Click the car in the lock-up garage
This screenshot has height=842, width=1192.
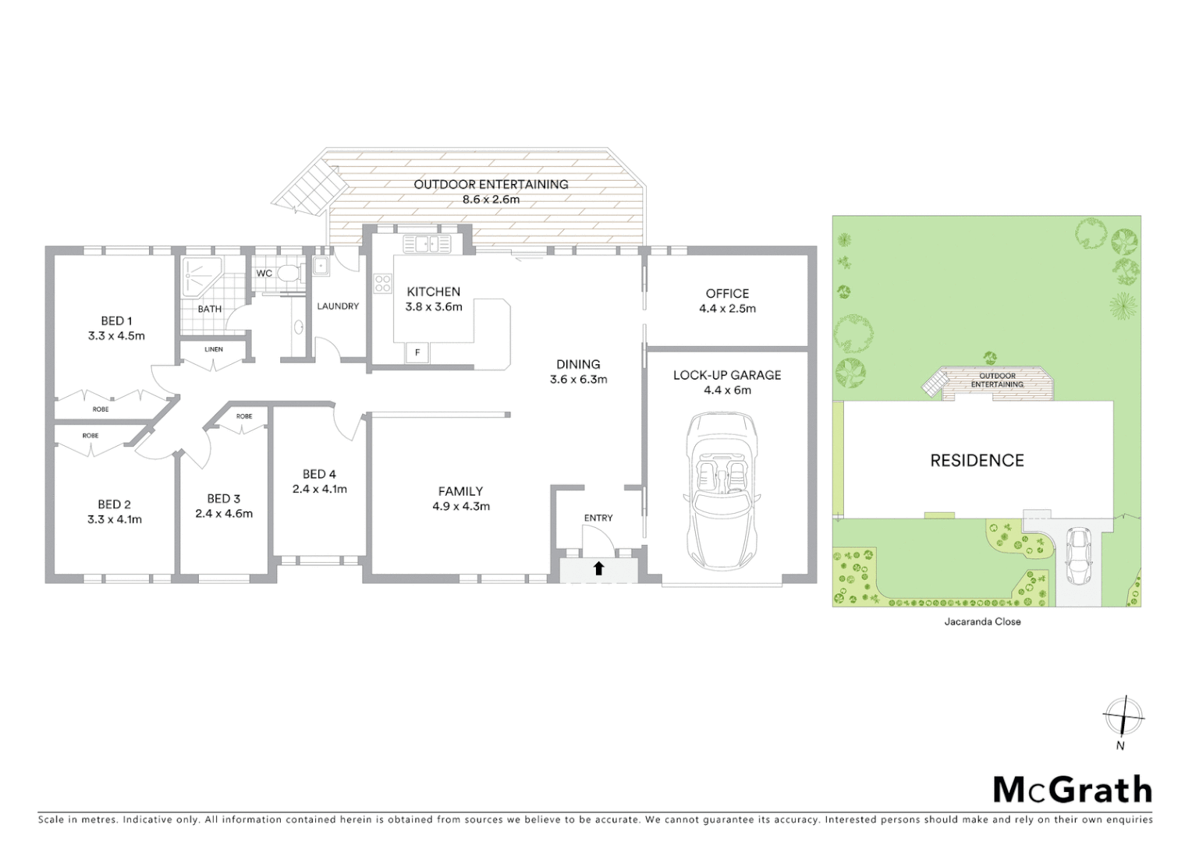(722, 493)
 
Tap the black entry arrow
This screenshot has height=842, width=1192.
(598, 569)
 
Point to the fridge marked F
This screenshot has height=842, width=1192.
(417, 353)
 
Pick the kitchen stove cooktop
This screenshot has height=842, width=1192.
(382, 283)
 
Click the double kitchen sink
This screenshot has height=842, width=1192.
(427, 244)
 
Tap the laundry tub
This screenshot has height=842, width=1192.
(321, 267)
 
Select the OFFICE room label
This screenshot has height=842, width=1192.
(727, 294)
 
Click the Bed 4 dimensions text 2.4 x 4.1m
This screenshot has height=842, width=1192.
(320, 490)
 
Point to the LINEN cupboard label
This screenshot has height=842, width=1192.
(214, 349)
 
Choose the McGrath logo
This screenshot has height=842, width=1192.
(1073, 790)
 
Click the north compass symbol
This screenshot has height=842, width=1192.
(1123, 716)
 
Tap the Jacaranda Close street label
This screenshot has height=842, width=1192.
(982, 621)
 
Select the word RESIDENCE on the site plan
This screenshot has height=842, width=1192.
(977, 461)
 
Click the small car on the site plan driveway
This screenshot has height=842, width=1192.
(1078, 557)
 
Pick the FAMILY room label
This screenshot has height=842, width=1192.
(460, 491)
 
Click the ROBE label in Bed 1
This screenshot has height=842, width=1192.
(101, 409)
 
